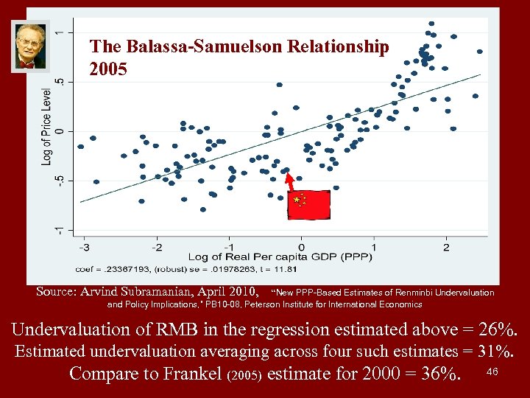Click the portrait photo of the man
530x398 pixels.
click(29, 46)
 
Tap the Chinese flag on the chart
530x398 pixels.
click(308, 204)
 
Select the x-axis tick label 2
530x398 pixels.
click(447, 246)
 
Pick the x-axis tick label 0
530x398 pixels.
click(302, 246)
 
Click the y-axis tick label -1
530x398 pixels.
click(60, 230)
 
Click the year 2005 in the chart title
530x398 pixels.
click(108, 70)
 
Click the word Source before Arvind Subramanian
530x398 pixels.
click(56, 292)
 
